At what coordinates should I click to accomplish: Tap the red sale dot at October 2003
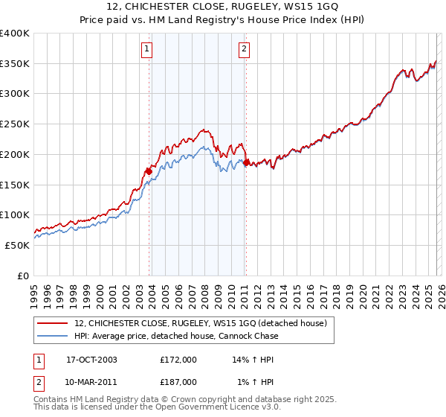(x=149, y=171)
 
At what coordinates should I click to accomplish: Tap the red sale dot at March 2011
(x=246, y=162)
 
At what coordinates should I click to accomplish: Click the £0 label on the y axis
(x=22, y=276)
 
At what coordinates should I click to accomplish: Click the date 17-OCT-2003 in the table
(x=91, y=359)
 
